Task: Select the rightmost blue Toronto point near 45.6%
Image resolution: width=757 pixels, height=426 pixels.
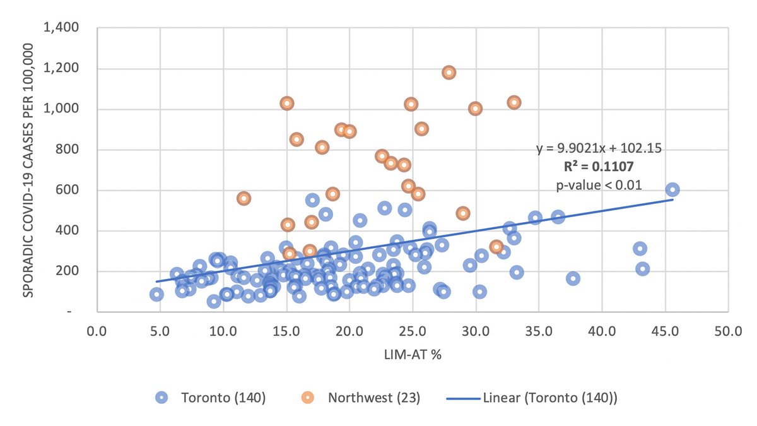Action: [x=672, y=189]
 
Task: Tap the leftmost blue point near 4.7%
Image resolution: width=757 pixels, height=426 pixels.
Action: [x=156, y=294]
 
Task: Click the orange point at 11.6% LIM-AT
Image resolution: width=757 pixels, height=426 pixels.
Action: [x=244, y=198]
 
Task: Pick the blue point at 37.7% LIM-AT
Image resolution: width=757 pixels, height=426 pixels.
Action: [x=573, y=278]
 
